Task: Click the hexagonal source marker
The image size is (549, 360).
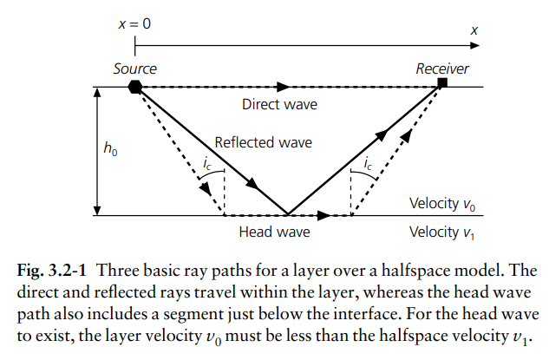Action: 134,87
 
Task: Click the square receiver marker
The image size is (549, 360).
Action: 442,82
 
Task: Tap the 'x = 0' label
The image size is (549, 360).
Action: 134,23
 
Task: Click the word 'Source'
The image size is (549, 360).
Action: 134,69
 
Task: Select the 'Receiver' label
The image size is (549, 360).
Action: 441,69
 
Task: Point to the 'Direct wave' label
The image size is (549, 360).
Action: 279,104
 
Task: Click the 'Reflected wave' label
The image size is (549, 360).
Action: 263,142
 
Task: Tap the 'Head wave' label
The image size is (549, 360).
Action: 274,232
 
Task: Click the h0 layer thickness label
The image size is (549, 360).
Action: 110,147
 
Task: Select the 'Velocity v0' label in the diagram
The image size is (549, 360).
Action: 442,204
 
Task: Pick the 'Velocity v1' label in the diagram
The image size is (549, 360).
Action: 441,232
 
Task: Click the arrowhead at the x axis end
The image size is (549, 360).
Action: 474,45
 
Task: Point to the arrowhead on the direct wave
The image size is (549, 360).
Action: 284,87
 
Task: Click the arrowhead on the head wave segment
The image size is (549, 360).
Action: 324,215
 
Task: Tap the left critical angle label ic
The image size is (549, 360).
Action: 207,164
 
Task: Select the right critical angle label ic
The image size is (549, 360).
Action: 368,163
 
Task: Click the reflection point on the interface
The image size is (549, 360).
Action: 288,214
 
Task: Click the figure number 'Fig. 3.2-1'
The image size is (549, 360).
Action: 51,271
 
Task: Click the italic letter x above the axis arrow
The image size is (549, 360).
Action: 474,31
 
